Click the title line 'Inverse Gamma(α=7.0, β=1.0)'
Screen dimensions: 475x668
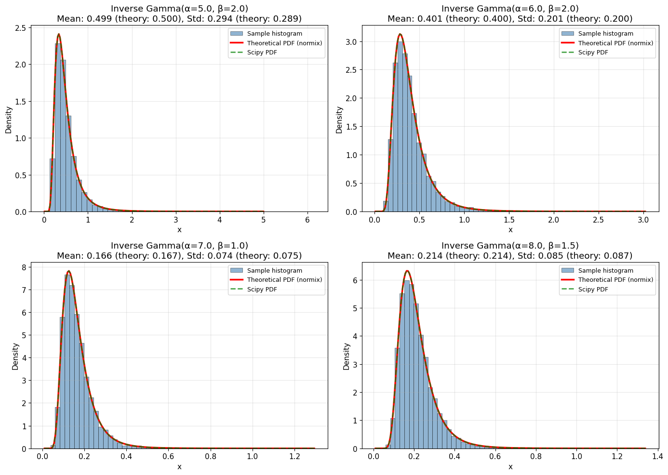[179, 246]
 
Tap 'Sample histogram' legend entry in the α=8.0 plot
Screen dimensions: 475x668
[605, 271]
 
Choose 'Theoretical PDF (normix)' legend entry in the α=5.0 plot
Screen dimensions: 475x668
[284, 43]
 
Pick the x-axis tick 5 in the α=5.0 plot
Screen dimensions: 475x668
[263, 219]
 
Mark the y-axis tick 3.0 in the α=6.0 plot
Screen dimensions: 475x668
[352, 42]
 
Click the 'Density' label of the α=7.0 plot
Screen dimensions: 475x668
[15, 356]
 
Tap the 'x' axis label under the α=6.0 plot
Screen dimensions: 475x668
[510, 230]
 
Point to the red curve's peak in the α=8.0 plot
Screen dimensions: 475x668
[407, 271]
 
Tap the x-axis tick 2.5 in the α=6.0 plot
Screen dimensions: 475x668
[599, 219]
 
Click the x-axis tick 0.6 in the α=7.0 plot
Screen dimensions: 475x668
[168, 456]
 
